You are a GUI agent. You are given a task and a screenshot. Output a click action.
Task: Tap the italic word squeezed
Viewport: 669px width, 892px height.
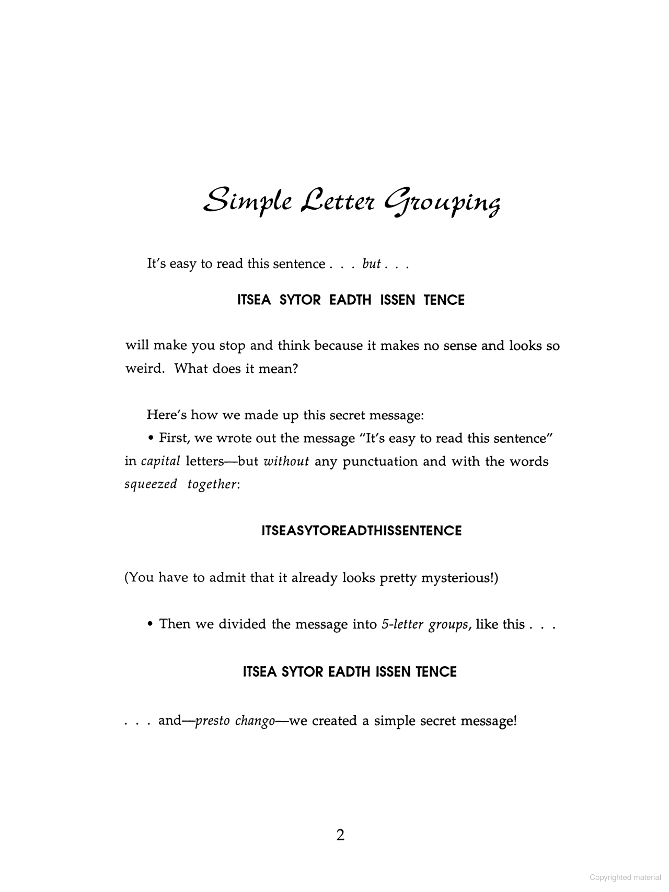(151, 484)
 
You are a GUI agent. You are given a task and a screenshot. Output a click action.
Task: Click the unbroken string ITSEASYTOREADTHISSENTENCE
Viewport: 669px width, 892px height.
(361, 531)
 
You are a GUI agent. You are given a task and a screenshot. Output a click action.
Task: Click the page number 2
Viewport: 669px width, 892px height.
(340, 835)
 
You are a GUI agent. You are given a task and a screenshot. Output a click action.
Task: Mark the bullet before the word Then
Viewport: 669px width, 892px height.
(151, 624)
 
